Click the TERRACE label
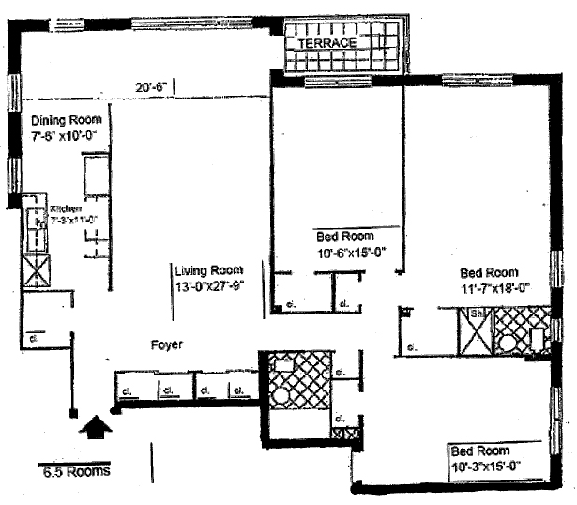tap(326, 43)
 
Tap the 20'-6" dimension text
tap(150, 87)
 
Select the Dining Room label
tap(63, 121)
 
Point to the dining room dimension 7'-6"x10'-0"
tap(64, 136)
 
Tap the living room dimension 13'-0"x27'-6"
tap(210, 286)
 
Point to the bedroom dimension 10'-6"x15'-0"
tap(352, 252)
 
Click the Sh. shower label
tap(476, 314)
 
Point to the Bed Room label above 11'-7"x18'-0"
tap(485, 272)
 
